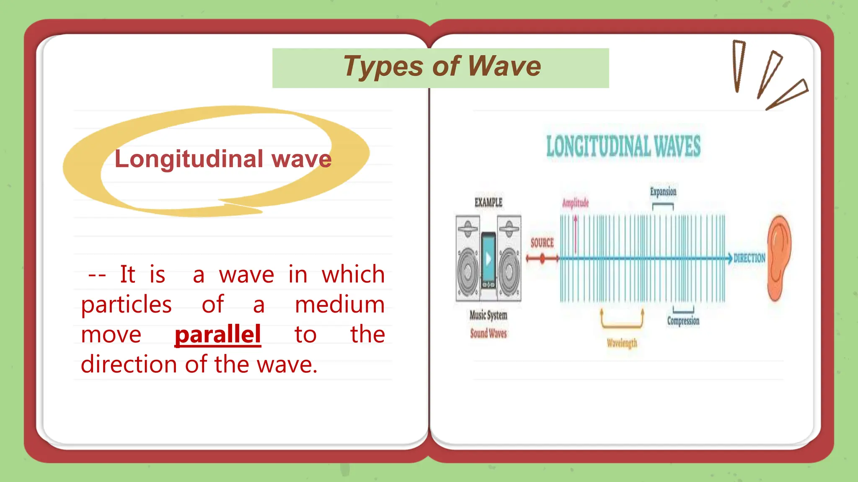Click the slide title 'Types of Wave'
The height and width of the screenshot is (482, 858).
(442, 67)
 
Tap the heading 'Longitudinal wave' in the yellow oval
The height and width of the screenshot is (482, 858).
(223, 159)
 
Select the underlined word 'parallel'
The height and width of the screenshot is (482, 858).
(218, 335)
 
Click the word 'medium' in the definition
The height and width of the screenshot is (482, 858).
(340, 305)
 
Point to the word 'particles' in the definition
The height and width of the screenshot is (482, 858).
(126, 305)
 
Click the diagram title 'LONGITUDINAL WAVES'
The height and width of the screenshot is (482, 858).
(623, 146)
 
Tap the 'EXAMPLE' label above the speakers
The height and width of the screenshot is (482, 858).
(488, 203)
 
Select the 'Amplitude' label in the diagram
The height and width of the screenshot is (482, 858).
(575, 203)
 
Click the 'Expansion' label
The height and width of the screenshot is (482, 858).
(663, 192)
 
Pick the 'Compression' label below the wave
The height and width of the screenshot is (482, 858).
(683, 321)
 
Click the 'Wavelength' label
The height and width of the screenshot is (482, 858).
(622, 343)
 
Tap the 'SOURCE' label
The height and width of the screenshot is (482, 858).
(542, 243)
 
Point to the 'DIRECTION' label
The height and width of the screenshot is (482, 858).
(749, 258)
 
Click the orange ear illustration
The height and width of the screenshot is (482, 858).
(778, 257)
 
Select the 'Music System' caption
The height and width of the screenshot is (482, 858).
(488, 315)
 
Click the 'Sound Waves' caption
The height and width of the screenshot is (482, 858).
(488, 333)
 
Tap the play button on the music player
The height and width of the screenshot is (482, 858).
(488, 259)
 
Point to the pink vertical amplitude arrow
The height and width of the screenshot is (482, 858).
(576, 234)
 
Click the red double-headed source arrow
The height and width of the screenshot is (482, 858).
(543, 259)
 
